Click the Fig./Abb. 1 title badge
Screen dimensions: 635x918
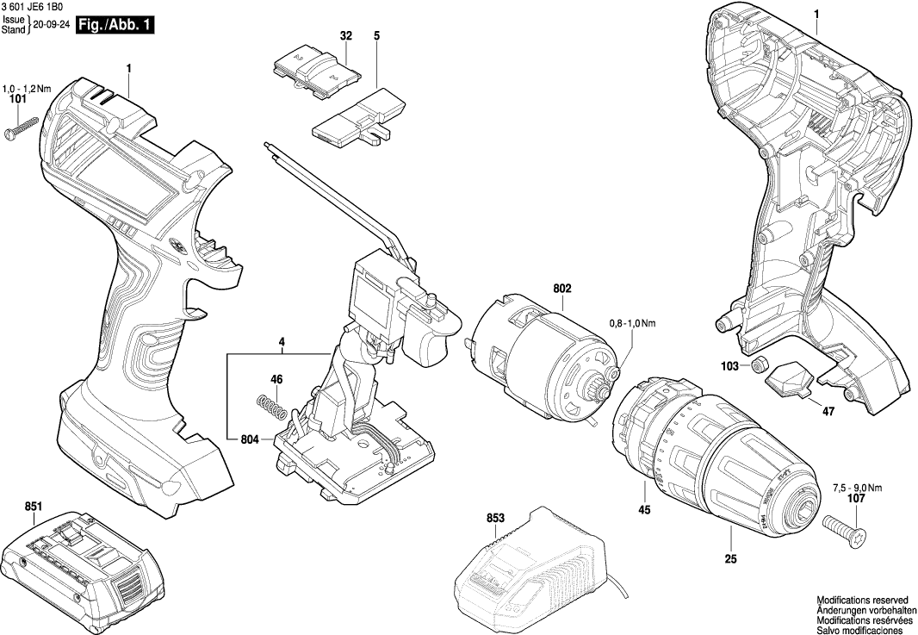pyautogui.click(x=115, y=26)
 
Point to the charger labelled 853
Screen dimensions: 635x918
pyautogui.click(x=525, y=560)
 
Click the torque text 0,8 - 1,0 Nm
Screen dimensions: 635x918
pyautogui.click(x=632, y=324)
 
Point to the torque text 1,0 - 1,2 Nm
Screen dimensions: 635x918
pyautogui.click(x=27, y=89)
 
